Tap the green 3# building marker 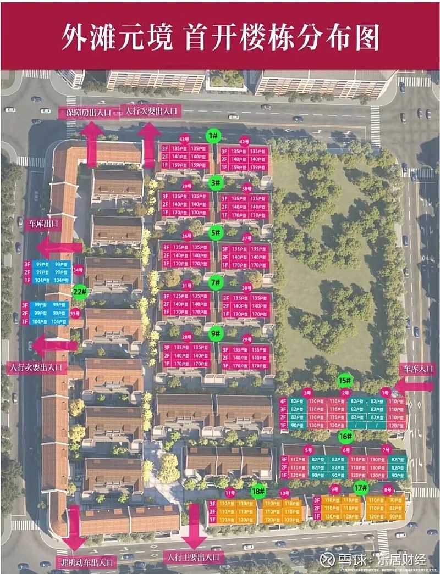(x=215, y=182)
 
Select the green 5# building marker (x=216, y=232)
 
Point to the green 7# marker (x=216, y=282)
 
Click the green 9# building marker (x=216, y=333)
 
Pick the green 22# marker (x=80, y=291)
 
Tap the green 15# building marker (x=345, y=380)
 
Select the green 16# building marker (x=345, y=437)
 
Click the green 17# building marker (x=361, y=487)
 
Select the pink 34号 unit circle (x=78, y=270)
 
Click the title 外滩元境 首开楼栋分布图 (x=220, y=37)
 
